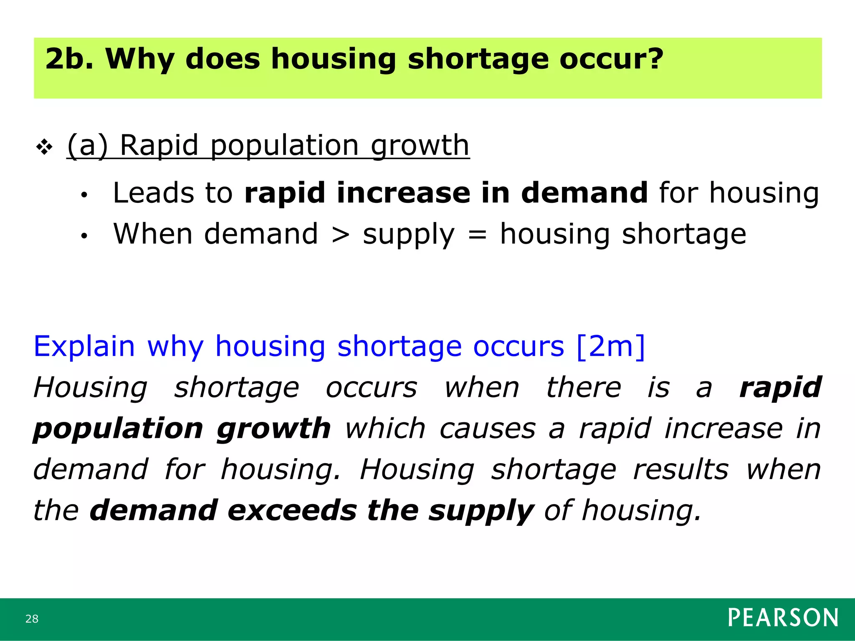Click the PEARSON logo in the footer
(783, 618)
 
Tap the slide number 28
(32, 618)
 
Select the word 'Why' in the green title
(140, 59)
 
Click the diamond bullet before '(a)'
(44, 147)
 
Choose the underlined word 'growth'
(420, 146)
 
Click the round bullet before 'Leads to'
(84, 195)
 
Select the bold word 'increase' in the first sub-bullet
(403, 193)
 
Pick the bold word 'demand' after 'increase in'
(584, 193)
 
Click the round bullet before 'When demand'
(84, 236)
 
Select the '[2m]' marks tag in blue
(610, 346)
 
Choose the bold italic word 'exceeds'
(292, 511)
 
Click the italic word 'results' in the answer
(680, 470)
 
